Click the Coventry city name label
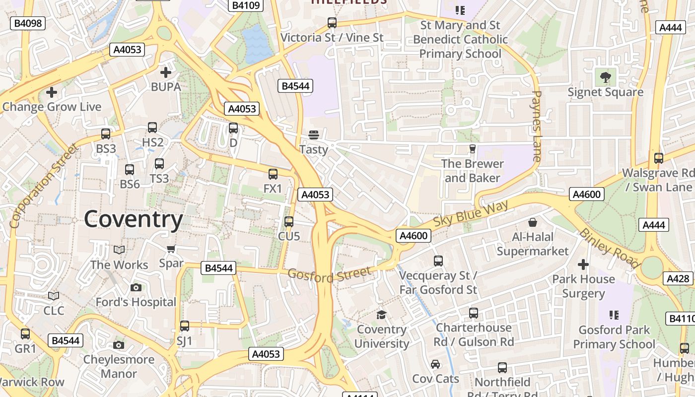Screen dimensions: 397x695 [134, 219]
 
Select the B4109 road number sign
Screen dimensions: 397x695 [245, 5]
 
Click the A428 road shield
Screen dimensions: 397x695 [678, 278]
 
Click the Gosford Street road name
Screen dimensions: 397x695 [329, 274]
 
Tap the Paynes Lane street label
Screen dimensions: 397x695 [537, 126]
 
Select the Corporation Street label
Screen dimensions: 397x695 [44, 186]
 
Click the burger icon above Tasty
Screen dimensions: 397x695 [313, 135]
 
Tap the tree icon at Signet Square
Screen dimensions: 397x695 [605, 77]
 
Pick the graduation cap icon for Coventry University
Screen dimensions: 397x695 [381, 315]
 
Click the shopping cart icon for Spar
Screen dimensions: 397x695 [171, 249]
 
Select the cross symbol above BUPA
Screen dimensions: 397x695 [166, 72]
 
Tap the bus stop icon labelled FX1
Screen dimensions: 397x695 [273, 174]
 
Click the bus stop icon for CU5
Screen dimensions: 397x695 [289, 222]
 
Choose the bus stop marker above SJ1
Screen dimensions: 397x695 [185, 326]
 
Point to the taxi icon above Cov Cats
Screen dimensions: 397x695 [435, 364]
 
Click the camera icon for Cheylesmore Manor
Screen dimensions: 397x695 [119, 345]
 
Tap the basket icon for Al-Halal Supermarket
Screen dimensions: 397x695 [533, 222]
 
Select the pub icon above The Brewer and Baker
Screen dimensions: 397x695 [472, 149]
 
